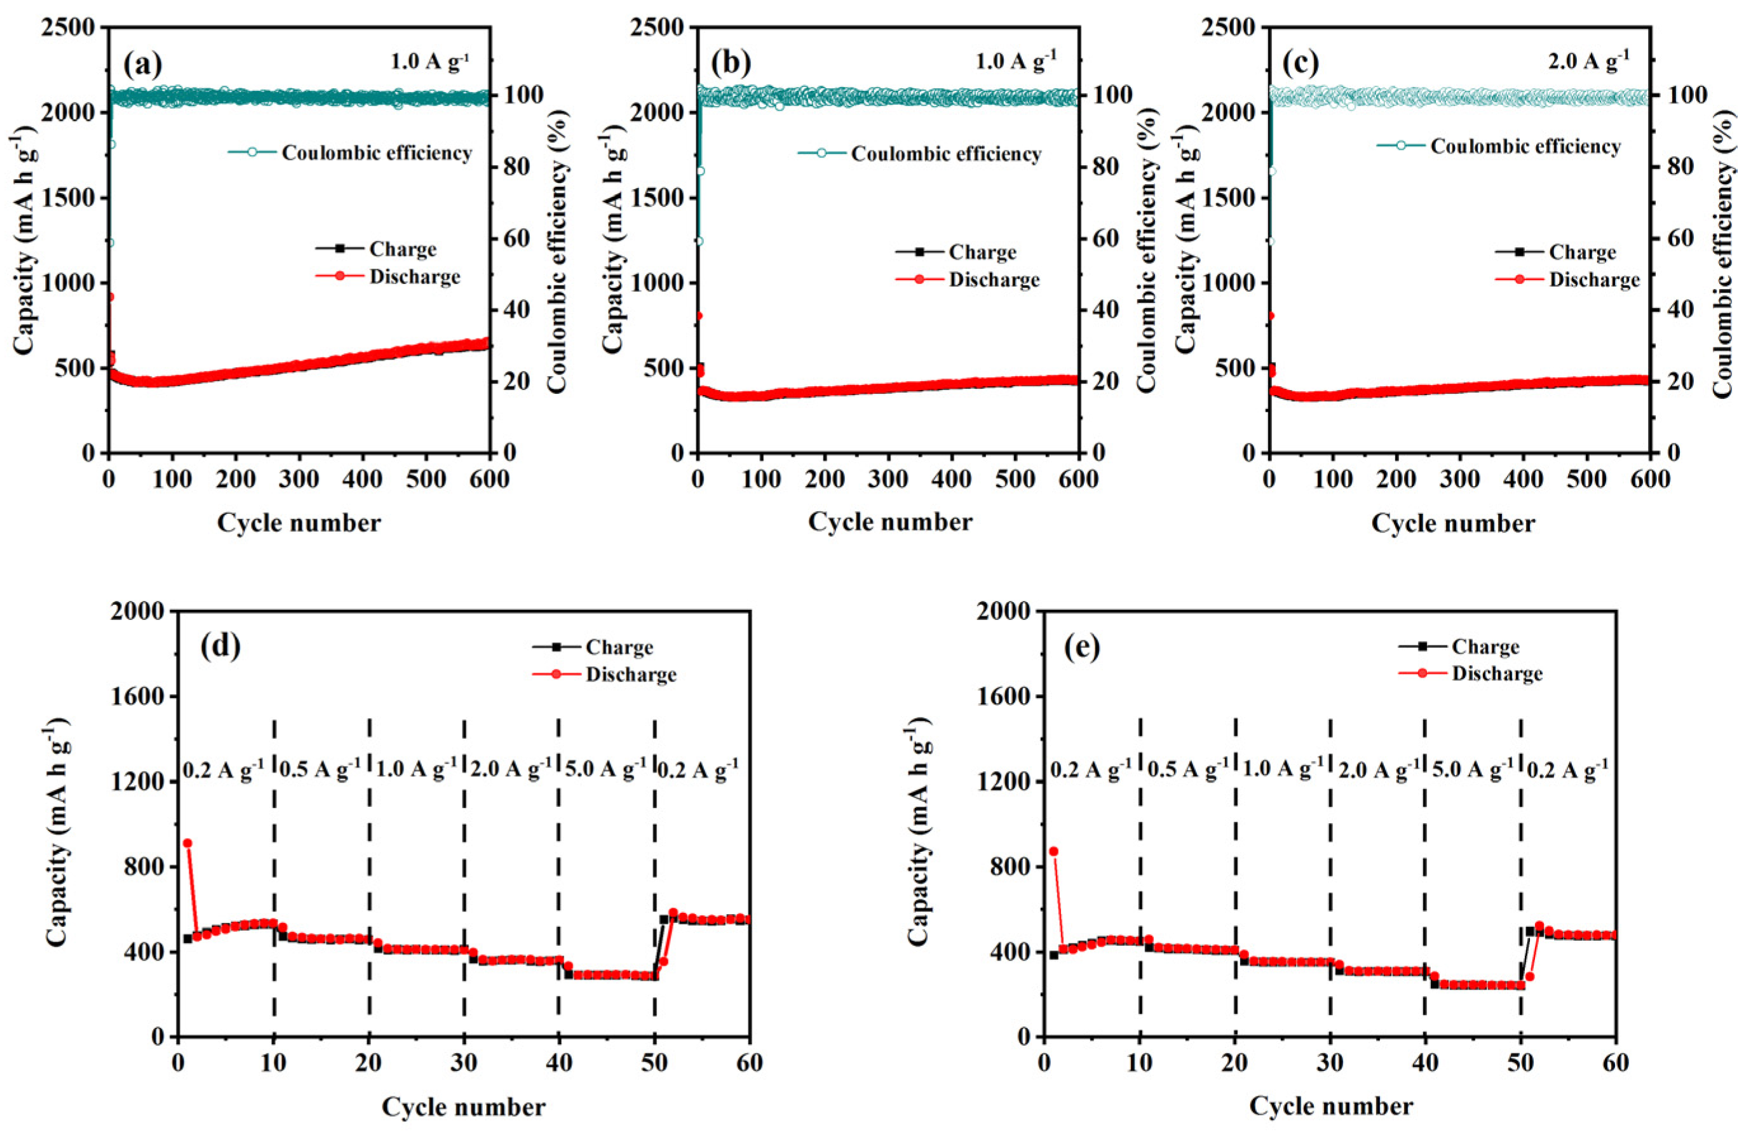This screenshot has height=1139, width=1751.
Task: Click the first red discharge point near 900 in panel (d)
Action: [x=187, y=843]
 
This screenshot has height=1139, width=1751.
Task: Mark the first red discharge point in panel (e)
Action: [x=1053, y=851]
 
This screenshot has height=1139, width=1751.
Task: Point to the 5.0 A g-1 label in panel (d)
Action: [x=605, y=769]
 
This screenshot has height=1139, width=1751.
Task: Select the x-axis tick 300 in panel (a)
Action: [x=299, y=480]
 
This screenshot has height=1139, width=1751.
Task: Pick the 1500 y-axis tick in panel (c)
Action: [x=1229, y=198]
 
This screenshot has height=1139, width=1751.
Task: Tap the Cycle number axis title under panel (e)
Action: [x=1330, y=1106]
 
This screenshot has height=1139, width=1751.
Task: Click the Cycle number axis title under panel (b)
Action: [x=889, y=522]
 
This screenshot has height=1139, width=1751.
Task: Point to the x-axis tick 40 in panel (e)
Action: [x=1425, y=1063]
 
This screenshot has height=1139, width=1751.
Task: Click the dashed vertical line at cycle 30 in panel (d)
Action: [x=464, y=883]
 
